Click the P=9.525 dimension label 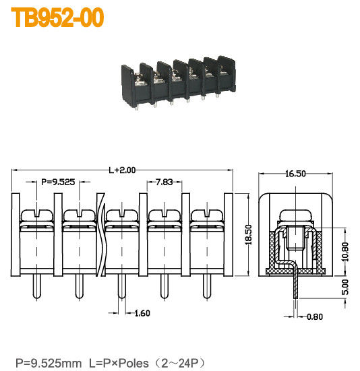59,182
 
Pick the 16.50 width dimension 296,174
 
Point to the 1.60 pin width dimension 142,312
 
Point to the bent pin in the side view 295,283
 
